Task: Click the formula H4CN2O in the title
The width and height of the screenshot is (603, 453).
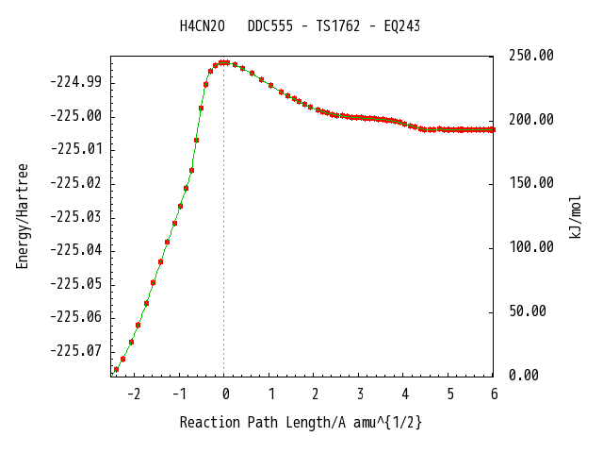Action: pos(203,26)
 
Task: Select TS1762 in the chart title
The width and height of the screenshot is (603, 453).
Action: pos(338,26)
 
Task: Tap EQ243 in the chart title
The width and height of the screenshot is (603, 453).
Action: pos(402,26)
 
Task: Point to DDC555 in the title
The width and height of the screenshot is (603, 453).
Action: pos(270,26)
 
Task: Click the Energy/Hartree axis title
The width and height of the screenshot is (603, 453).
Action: pos(23,216)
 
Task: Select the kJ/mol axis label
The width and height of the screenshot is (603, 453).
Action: pos(576,217)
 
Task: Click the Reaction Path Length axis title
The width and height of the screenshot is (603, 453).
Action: pos(301,423)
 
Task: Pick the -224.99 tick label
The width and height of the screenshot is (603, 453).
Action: pos(75,82)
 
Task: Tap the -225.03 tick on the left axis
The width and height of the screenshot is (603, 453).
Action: pos(75,217)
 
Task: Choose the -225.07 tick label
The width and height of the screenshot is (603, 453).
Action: pos(75,351)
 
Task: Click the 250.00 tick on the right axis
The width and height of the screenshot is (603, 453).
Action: pos(531,56)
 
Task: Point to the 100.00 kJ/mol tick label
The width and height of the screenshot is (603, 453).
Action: pos(531,247)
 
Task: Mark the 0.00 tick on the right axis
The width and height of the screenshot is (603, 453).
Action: pos(524,375)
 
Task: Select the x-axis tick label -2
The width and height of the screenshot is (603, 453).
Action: pos(134,394)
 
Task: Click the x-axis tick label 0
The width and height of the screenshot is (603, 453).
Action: pos(226,394)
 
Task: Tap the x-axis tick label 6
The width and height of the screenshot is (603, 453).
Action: pos(494,394)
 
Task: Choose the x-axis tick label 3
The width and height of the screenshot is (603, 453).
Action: pos(360,394)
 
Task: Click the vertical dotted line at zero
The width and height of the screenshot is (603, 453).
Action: pos(224,219)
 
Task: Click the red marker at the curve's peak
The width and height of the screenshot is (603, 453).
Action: pos(224,62)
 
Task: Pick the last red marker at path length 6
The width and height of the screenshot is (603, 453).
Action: pos(493,130)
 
